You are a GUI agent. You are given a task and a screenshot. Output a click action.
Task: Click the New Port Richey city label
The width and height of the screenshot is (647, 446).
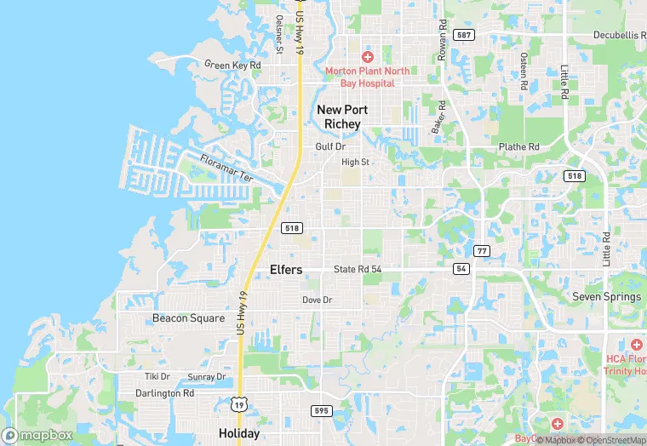pos(339,117)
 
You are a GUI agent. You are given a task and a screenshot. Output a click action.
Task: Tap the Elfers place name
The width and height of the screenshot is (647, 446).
pos(286,270)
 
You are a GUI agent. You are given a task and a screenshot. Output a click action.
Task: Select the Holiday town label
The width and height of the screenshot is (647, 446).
pos(239,433)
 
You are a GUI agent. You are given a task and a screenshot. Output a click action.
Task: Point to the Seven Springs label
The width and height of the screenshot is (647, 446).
pos(606,297)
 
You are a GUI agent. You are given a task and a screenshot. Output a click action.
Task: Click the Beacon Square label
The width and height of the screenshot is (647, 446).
pos(189,318)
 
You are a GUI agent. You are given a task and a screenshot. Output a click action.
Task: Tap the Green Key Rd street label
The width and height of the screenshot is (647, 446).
pos(232,64)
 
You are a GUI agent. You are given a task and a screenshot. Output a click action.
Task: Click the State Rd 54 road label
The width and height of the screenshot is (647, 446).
pos(358,269)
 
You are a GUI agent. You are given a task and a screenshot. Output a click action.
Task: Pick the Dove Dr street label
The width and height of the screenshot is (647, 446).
pos(318,300)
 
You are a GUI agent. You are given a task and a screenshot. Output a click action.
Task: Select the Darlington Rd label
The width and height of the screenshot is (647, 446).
pos(165,393)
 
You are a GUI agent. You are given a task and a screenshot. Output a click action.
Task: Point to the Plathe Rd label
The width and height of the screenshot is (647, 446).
pos(519,146)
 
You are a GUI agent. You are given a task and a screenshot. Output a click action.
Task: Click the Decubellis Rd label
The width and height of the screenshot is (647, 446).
pos(619,36)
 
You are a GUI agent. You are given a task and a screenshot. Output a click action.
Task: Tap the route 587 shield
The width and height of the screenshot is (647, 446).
pos(463,35)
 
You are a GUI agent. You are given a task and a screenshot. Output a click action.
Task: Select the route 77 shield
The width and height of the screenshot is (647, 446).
pos(482,250)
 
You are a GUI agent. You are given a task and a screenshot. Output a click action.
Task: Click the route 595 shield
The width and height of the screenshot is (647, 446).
pos(321,410)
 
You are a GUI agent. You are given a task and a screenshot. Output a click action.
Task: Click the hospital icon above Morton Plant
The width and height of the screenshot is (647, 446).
pos(368,56)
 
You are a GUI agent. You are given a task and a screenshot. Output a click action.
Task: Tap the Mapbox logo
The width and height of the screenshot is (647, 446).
pos(37,435)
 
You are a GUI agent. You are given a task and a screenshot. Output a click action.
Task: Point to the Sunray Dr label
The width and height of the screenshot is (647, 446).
pos(207,376)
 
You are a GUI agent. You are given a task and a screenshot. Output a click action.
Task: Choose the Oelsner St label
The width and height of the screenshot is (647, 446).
pos(278,34)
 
